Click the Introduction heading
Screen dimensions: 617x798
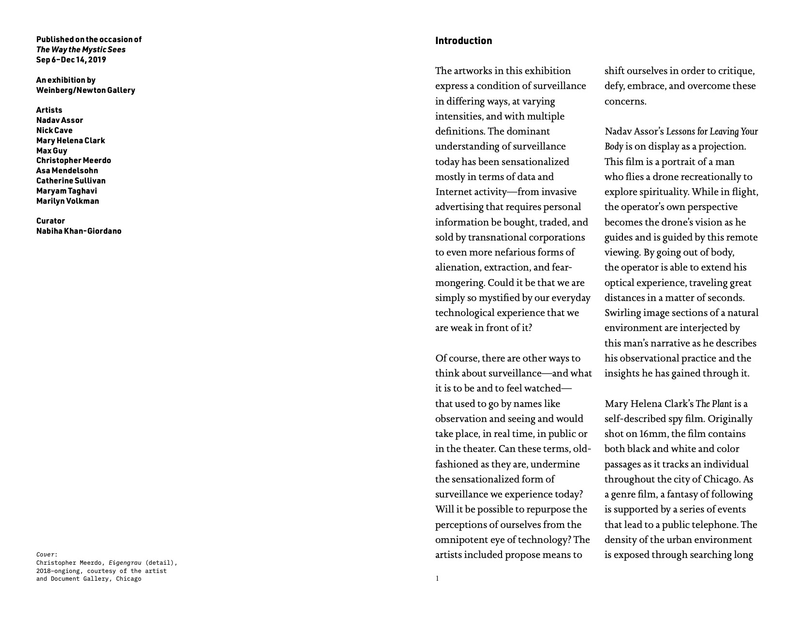(x=463, y=41)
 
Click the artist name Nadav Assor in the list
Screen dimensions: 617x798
(x=59, y=120)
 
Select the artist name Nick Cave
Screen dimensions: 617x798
(x=54, y=131)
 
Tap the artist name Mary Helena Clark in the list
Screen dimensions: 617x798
(x=71, y=141)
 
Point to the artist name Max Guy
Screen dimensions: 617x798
(x=52, y=151)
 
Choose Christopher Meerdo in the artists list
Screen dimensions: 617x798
(x=74, y=161)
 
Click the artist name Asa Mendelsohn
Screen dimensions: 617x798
(x=67, y=171)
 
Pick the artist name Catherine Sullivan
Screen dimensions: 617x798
(x=71, y=181)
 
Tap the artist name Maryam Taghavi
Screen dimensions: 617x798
(x=67, y=191)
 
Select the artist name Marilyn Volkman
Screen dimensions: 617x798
(x=68, y=201)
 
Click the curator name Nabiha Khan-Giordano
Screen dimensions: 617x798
(x=79, y=231)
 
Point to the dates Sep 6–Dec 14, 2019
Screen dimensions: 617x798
(x=71, y=60)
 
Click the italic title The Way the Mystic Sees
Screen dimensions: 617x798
(x=81, y=50)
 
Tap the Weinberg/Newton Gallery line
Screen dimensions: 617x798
(x=86, y=90)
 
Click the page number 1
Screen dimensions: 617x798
(x=437, y=579)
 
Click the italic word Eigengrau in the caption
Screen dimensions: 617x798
(x=125, y=563)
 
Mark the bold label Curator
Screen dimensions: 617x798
(x=50, y=221)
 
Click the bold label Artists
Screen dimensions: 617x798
(x=49, y=110)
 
